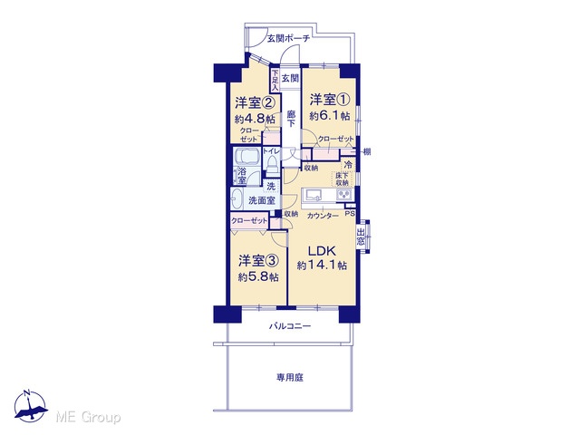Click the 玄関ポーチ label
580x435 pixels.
[288, 38]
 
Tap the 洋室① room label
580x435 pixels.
[330, 100]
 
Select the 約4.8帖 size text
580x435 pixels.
[255, 119]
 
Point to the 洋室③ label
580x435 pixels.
[257, 261]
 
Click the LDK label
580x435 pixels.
[322, 251]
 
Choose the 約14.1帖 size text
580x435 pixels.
[322, 266]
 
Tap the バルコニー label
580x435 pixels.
[290, 326]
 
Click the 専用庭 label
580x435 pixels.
[290, 378]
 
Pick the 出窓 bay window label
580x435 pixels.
[361, 237]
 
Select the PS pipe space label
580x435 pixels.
[350, 214]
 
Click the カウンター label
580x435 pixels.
[323, 216]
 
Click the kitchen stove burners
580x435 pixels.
[344, 194]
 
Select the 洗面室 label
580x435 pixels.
[262, 200]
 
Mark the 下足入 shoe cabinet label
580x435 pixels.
[275, 80]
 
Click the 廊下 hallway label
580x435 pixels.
[291, 119]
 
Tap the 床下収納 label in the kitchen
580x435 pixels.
[343, 179]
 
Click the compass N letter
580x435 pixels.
[26, 393]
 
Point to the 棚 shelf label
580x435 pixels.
[366, 151]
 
